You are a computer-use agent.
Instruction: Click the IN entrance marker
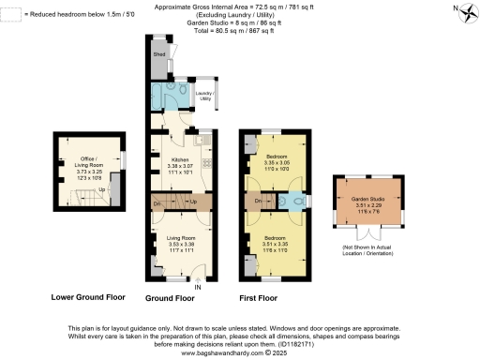coord(200,287)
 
